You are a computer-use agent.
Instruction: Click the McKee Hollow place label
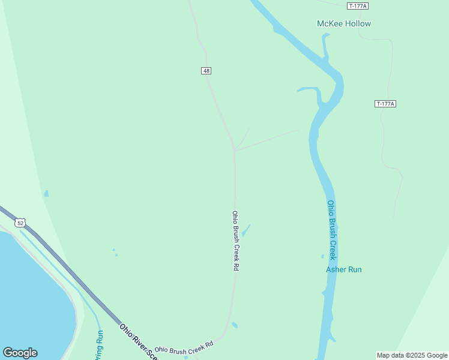[x=344, y=23]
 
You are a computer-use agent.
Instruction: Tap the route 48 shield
[x=206, y=71]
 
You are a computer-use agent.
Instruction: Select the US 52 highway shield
[x=21, y=223]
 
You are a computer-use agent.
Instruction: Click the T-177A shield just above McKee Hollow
[x=358, y=6]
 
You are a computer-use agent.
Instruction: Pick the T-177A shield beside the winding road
[x=385, y=104]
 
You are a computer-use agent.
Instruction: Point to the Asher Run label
[x=344, y=269]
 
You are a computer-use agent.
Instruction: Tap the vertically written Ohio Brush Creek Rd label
[x=235, y=241]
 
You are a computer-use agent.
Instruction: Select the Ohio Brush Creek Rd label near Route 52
[x=184, y=347]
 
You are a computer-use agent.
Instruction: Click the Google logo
[x=20, y=353]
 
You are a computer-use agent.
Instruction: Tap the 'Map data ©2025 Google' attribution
[x=412, y=355]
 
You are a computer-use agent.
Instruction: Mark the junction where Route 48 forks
[x=234, y=149]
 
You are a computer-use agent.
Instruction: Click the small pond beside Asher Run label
[x=323, y=256]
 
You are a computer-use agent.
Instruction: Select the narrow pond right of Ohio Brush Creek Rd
[x=246, y=230]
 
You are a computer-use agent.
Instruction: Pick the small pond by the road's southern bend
[x=235, y=325]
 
